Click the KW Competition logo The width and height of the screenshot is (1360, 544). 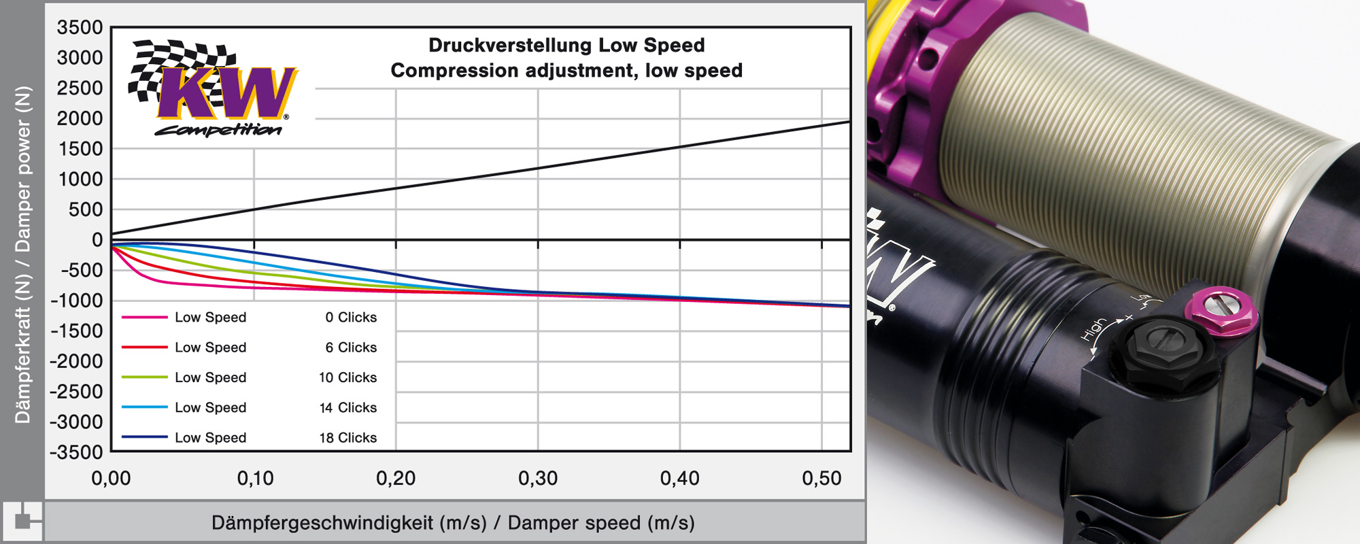point(212,88)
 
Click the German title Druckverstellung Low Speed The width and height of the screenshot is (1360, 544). point(566,45)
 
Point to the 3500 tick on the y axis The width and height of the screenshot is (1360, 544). point(80,28)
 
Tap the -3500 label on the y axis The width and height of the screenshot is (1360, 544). point(77,452)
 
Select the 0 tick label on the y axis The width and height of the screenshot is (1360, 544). point(97,240)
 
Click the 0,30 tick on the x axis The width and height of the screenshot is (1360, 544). point(538,479)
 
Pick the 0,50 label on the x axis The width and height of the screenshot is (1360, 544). point(821,479)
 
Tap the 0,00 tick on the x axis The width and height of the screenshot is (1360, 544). point(112,479)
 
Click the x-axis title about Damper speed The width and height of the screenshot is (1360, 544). point(453,523)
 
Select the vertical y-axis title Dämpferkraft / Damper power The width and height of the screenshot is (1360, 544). point(23,255)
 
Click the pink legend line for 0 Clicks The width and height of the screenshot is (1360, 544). point(145,317)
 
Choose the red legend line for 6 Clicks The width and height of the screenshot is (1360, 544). point(145,347)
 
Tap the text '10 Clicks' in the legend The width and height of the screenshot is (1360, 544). point(347,377)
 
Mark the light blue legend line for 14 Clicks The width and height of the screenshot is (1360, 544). point(145,407)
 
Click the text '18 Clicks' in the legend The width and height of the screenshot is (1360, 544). point(347,438)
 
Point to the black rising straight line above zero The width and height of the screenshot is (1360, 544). point(538,169)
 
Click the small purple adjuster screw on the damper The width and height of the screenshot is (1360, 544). point(1221,310)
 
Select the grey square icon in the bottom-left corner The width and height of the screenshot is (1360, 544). point(22,521)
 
